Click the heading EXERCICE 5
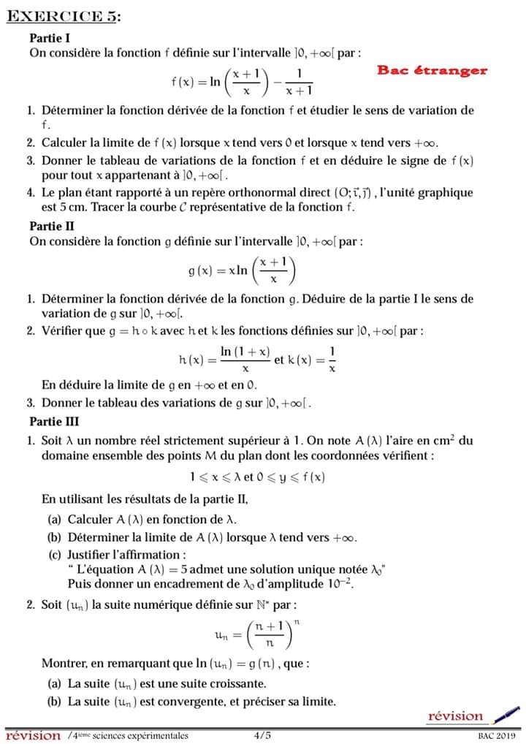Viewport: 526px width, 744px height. (x=63, y=17)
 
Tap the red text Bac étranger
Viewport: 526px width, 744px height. (x=432, y=71)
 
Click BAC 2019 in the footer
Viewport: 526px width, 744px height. (x=498, y=736)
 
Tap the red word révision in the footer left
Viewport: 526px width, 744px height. (x=33, y=735)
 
